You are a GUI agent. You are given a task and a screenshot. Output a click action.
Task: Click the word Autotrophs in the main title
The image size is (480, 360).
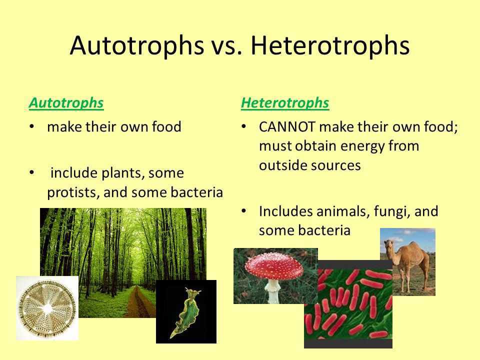pos(137,45)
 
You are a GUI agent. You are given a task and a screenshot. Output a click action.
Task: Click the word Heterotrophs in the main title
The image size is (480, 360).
pos(330,45)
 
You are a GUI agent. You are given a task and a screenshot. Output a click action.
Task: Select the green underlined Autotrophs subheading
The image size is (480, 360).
pos(66,103)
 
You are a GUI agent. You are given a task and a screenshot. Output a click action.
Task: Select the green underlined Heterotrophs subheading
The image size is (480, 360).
pos(285,103)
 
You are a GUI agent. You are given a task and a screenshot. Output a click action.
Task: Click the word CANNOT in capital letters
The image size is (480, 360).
pos(287,126)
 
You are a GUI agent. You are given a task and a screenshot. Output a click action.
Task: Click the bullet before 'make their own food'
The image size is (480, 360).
pos(32,126)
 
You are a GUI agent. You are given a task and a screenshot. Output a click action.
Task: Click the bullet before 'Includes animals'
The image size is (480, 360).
pos(243,211)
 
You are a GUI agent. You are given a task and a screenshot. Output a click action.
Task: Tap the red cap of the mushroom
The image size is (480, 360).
pos(274,266)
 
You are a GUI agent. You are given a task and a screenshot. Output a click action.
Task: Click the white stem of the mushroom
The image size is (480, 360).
pos(272,291)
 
